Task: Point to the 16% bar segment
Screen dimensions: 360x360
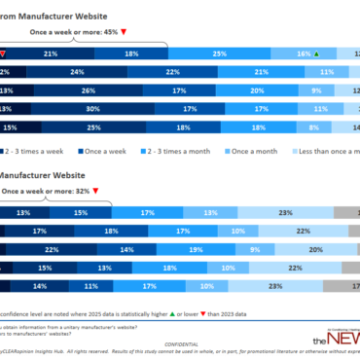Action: tap(304, 54)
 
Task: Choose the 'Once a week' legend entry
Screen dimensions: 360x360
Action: tap(106, 151)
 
